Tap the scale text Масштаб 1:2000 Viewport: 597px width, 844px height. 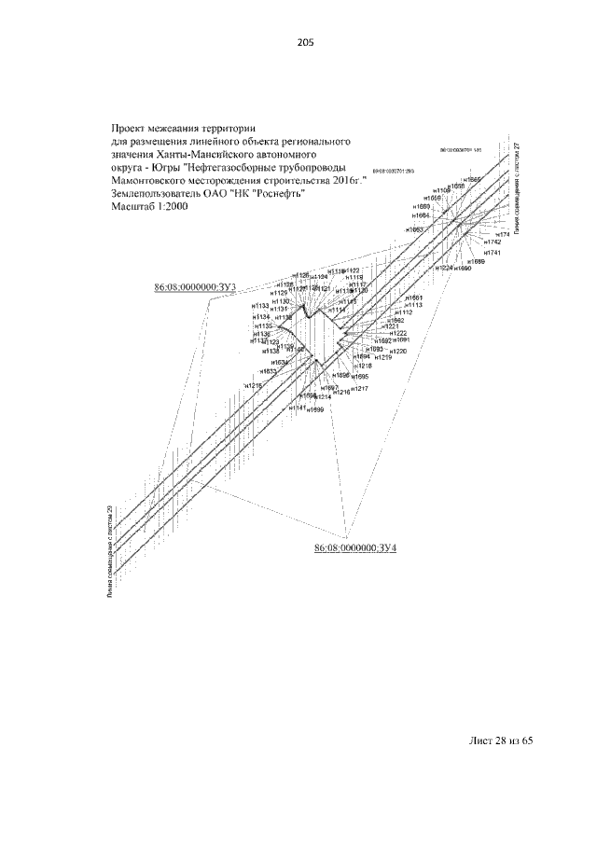tap(149, 207)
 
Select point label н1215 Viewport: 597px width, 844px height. tap(253, 385)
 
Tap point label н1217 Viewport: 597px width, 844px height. tap(347, 388)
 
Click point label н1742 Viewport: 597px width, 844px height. tap(493, 242)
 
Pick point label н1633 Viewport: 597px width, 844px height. tap(268, 371)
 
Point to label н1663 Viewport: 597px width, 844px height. tap(415, 228)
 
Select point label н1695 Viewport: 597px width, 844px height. tap(360, 377)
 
